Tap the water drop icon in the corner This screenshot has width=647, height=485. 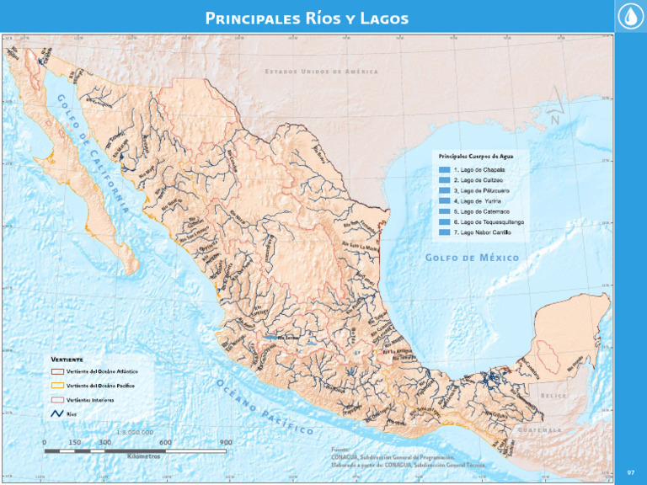click(630, 17)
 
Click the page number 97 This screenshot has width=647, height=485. click(630, 472)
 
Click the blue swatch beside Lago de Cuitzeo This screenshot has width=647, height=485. click(444, 180)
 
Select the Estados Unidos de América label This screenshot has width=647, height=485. click(321, 72)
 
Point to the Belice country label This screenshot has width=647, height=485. click(554, 395)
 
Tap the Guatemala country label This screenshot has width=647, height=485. click(539, 429)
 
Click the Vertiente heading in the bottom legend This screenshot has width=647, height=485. click(67, 359)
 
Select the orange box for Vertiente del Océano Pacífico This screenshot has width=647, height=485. click(57, 385)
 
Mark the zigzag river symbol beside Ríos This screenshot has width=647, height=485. click(57, 413)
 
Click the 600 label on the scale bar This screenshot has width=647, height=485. click(165, 442)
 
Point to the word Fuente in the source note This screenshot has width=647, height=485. click(341, 450)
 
